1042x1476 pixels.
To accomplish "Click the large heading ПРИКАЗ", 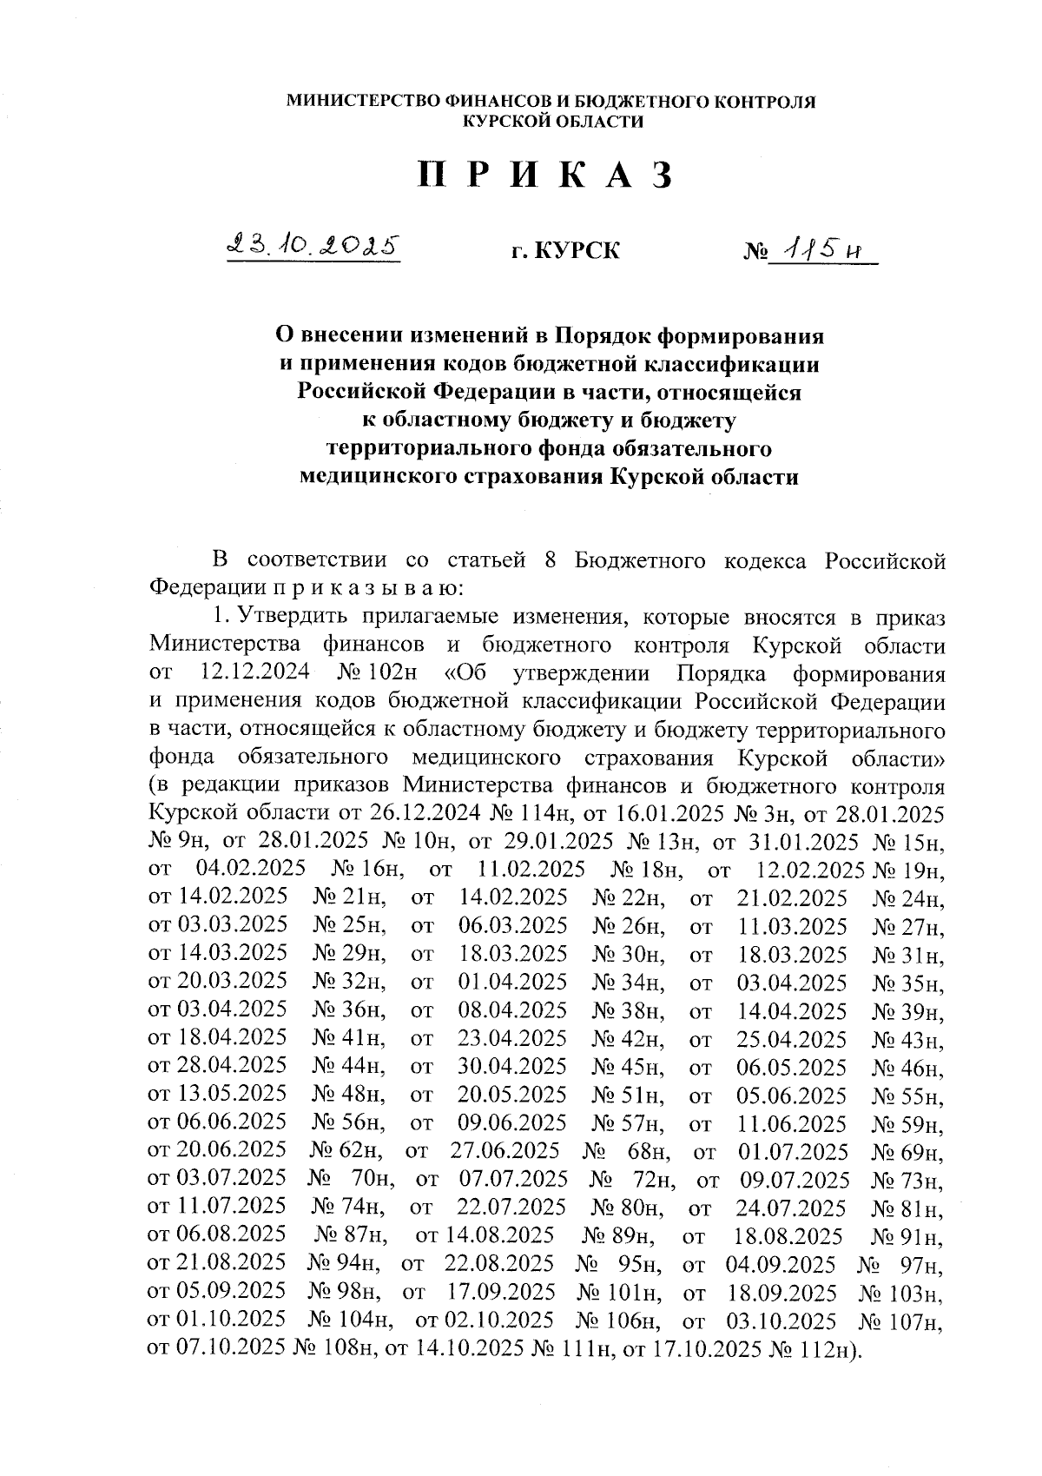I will point(545,175).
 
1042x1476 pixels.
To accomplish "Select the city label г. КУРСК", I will point(565,252).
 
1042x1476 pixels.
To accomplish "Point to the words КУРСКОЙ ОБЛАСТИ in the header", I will point(553,122).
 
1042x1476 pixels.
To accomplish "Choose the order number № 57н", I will point(628,1123).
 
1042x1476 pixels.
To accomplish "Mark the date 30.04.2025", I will point(512,1067).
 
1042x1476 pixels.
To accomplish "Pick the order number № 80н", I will point(628,1208).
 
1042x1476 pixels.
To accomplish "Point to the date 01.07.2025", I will point(793,1152).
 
